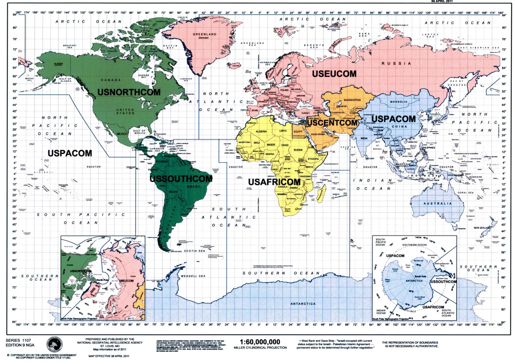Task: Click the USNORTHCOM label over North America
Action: click(x=129, y=92)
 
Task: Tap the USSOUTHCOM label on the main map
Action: click(x=181, y=179)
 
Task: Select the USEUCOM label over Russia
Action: click(x=334, y=74)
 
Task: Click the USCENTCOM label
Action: click(x=332, y=123)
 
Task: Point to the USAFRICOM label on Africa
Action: click(x=274, y=182)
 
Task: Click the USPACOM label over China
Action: click(x=393, y=119)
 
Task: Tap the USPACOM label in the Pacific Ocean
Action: click(x=70, y=153)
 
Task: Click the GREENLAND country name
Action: click(x=204, y=34)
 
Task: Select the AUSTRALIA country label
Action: click(x=437, y=204)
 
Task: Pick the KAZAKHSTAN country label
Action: click(x=352, y=100)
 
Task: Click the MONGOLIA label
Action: click(x=398, y=102)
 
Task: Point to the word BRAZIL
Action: click(x=194, y=186)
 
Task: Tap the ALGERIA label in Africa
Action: click(x=261, y=131)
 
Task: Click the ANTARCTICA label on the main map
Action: click(x=303, y=304)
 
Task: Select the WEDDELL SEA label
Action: click(x=193, y=276)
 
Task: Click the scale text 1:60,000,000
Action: click(x=260, y=342)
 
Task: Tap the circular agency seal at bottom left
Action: click(x=54, y=345)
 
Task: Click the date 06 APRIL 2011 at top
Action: click(x=442, y=1)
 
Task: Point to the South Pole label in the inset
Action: click(x=420, y=276)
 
